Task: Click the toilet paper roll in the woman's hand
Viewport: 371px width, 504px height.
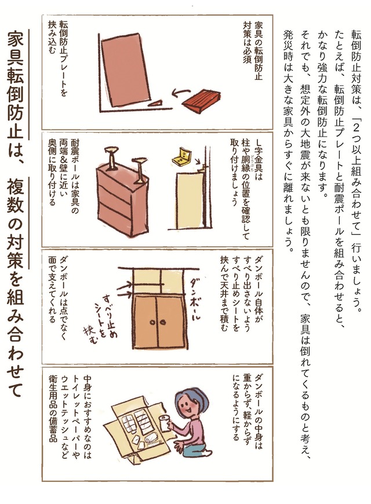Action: point(165,423)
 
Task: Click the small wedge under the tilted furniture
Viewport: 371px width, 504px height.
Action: point(155,104)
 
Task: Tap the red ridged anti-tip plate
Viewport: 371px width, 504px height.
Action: point(201,101)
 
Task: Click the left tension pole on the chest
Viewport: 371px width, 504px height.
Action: point(112,158)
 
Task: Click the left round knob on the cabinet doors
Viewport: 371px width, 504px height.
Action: point(152,322)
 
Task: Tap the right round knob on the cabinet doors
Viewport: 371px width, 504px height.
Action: point(162,322)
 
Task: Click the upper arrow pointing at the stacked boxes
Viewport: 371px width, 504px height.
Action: point(124,284)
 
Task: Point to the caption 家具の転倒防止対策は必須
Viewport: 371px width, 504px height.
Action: point(252,51)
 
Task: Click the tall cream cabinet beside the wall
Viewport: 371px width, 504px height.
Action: point(190,200)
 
